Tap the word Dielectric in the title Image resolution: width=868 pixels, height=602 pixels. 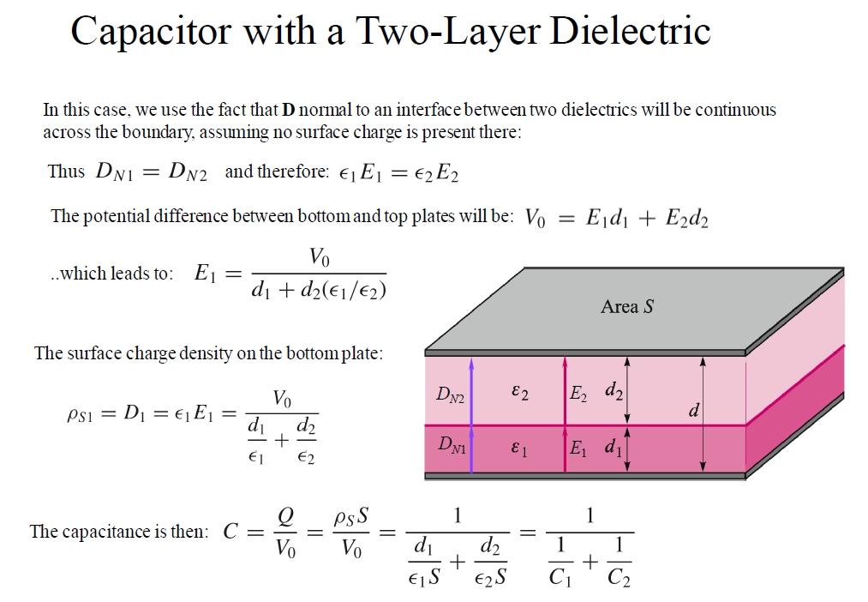pos(630,32)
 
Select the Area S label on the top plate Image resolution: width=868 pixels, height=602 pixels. pos(627,306)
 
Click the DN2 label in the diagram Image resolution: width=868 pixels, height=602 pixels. pos(450,394)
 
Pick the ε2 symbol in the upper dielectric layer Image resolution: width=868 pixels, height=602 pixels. pos(519,392)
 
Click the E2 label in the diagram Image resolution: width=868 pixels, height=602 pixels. pos(579,394)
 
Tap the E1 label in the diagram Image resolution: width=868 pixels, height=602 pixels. pos(578,448)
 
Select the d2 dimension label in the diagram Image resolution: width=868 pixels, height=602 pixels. pos(614,392)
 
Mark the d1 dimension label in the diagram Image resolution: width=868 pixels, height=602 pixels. pos(614,447)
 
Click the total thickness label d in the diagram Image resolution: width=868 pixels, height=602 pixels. pos(693,412)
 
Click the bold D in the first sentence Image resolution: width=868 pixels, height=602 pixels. pos(288,110)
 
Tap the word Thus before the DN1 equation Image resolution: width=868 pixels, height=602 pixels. pos(66,171)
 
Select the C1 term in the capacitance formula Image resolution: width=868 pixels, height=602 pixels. pos(560,577)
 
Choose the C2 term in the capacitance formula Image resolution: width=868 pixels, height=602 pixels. pos(619,577)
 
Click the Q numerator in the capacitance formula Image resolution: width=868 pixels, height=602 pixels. pos(286,516)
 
